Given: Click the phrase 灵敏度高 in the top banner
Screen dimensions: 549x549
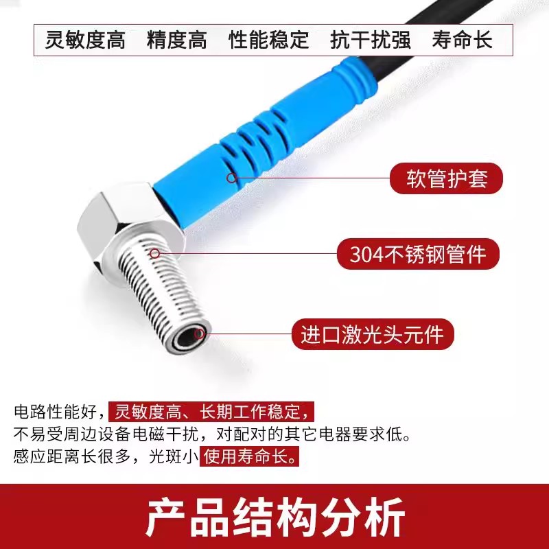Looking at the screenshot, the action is click(85, 40).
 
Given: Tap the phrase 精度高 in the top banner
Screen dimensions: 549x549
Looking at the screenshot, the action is click(177, 40).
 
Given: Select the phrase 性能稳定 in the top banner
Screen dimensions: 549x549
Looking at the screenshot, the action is click(269, 40).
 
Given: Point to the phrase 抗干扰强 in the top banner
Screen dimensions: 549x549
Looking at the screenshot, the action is click(371, 40).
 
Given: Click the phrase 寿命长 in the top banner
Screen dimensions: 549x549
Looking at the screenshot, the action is click(462, 40).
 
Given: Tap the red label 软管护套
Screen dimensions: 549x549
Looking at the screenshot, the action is click(447, 178).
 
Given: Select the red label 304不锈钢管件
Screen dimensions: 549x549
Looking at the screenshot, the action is click(418, 254).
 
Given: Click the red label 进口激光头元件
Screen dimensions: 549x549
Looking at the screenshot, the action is click(373, 334).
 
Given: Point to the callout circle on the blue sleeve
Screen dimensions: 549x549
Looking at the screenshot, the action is click(231, 178).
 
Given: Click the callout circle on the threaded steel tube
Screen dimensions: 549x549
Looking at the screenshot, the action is click(155, 253).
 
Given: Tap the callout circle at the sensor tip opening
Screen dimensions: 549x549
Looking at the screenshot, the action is click(199, 334).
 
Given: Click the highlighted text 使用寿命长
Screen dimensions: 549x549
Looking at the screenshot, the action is click(249, 456).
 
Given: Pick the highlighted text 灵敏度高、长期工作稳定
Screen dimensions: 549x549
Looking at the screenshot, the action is click(211, 411).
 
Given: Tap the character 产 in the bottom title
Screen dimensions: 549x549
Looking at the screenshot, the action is click(166, 517).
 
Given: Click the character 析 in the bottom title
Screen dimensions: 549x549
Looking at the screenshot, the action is click(384, 517).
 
